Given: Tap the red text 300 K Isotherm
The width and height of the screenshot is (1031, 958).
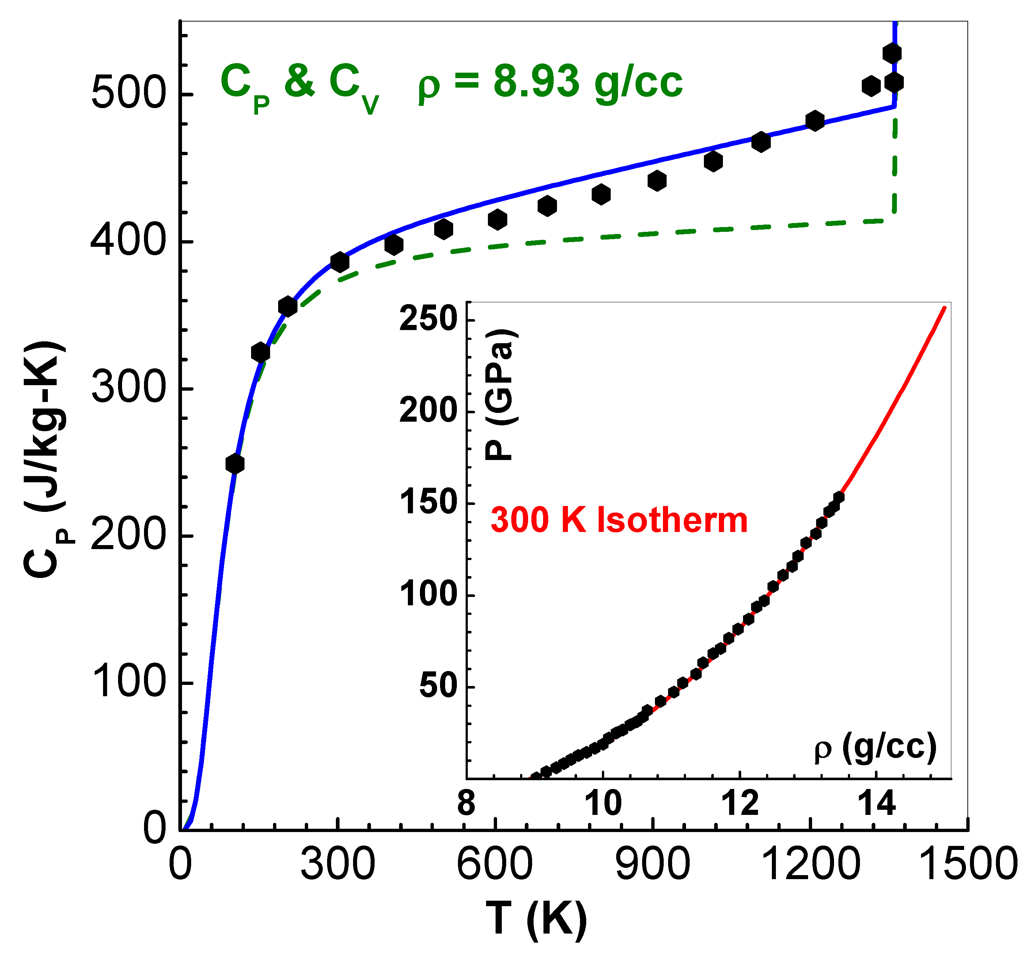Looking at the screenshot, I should pyautogui.click(x=619, y=520).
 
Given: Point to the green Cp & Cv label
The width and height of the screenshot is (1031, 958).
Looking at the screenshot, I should pyautogui.click(x=299, y=85).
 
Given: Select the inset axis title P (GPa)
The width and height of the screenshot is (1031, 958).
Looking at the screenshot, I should pyautogui.click(x=500, y=394).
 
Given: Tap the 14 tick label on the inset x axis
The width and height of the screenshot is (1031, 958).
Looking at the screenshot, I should pyautogui.click(x=876, y=804).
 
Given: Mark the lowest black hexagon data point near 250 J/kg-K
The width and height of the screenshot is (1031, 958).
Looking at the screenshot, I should pyautogui.click(x=235, y=464).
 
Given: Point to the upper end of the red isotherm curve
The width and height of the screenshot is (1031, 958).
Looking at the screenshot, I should pyautogui.click(x=944, y=308).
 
